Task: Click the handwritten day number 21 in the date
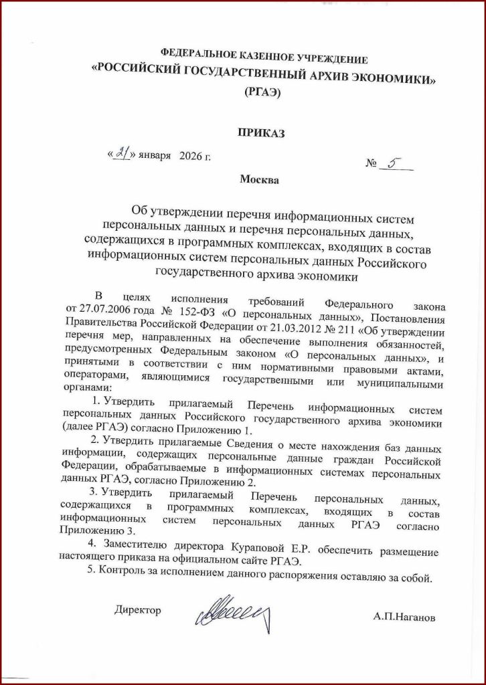tap(121, 153)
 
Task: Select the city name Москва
tap(260, 179)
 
